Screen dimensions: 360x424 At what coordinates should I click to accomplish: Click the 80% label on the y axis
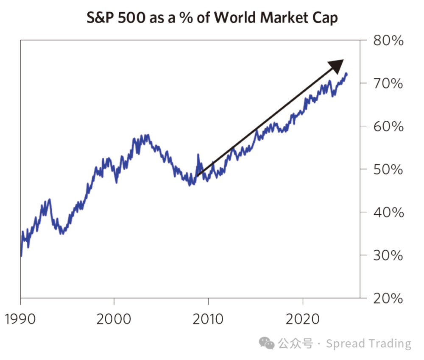pyautogui.click(x=388, y=41)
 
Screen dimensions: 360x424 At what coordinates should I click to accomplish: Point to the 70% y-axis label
pyautogui.click(x=388, y=83)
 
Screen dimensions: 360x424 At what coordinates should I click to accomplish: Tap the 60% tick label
pyautogui.click(x=388, y=126)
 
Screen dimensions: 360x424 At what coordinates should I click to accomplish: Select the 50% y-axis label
pyautogui.click(x=388, y=169)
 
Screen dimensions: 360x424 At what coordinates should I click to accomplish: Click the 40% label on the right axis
pyautogui.click(x=388, y=212)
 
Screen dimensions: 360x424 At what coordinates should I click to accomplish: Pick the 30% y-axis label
pyautogui.click(x=388, y=255)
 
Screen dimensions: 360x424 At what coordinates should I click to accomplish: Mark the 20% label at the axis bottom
pyautogui.click(x=388, y=299)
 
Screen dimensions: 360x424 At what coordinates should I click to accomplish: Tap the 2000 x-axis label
pyautogui.click(x=114, y=318)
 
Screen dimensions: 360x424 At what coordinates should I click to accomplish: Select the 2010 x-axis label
pyautogui.click(x=208, y=318)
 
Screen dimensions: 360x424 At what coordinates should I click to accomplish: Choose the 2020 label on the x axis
pyautogui.click(x=302, y=318)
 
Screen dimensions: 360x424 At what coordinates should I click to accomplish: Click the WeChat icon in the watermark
pyautogui.click(x=267, y=343)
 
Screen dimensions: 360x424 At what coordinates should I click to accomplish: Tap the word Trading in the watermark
pyautogui.click(x=391, y=343)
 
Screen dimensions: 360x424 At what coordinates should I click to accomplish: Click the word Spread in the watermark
pyautogui.click(x=346, y=343)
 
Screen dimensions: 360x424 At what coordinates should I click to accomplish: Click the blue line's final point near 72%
pyautogui.click(x=346, y=74)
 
